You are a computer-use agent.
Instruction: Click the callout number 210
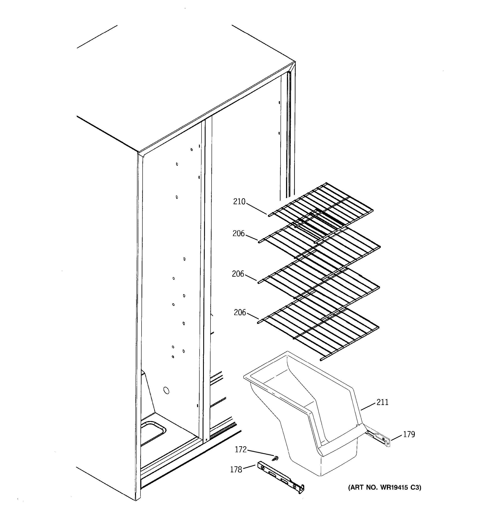click(239, 202)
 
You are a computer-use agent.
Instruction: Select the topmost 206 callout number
click(238, 233)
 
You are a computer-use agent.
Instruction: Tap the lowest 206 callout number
click(240, 313)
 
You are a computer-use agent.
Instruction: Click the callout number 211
click(382, 402)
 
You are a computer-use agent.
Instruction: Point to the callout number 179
click(409, 434)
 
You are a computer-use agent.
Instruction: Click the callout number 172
click(241, 449)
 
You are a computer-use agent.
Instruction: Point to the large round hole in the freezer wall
click(166, 390)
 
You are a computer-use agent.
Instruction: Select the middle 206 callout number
click(238, 274)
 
